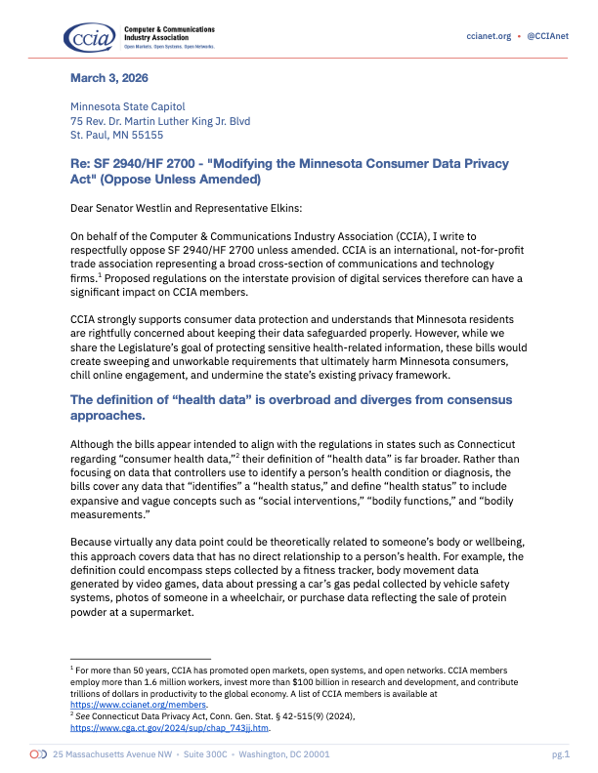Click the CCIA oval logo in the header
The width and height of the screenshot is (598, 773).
tap(90, 37)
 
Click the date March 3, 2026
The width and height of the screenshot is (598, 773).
tap(109, 78)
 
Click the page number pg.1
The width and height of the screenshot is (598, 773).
tap(560, 754)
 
